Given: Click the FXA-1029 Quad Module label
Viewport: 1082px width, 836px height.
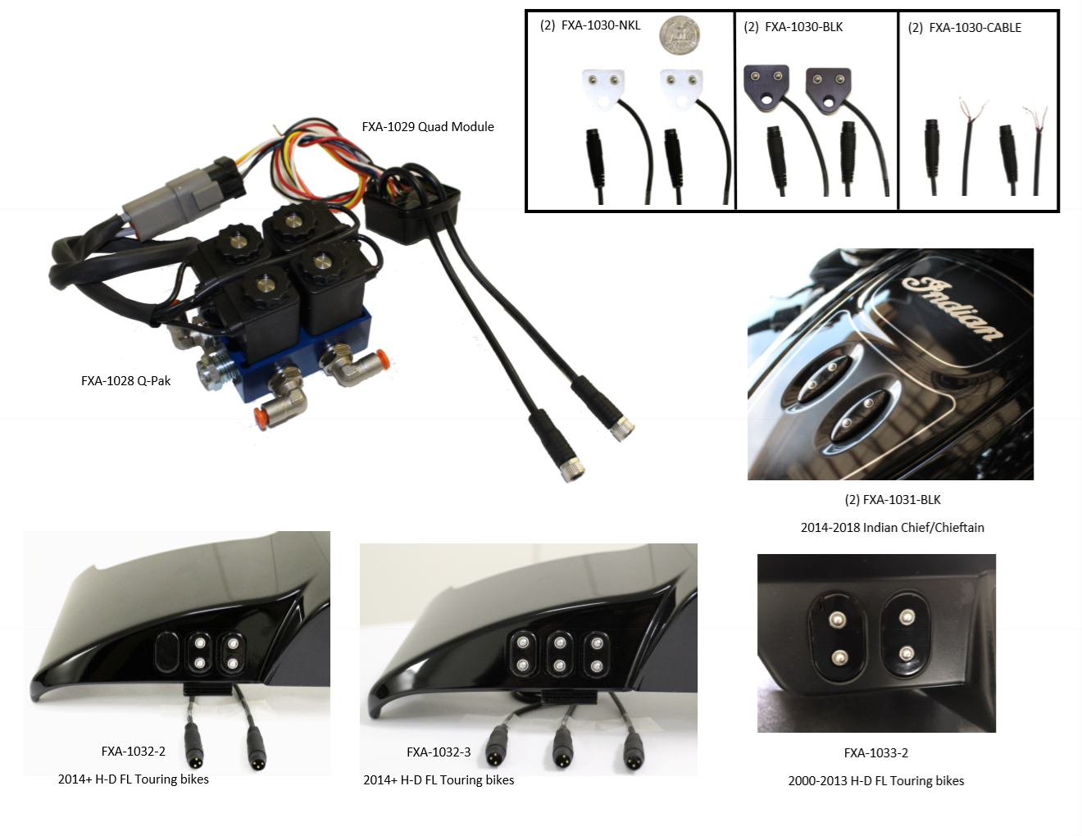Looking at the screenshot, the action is pos(428,127).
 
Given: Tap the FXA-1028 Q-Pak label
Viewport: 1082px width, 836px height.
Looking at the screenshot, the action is pos(125,381).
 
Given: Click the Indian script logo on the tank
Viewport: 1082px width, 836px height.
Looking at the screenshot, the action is pos(952,309).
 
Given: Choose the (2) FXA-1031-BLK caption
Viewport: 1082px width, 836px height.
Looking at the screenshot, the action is pos(893,500).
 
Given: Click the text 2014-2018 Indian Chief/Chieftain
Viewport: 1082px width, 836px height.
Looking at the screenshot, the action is pos(893,528).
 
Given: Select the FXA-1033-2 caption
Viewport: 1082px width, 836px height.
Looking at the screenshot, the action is pos(876,753).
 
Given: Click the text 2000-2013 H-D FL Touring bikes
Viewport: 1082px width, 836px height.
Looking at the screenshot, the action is pos(876,781).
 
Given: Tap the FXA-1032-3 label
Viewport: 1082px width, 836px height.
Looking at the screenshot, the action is pos(439,752).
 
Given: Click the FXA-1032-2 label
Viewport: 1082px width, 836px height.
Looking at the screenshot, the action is pos(133,751).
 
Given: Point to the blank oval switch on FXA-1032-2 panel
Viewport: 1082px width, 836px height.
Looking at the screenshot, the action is pos(166,652).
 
